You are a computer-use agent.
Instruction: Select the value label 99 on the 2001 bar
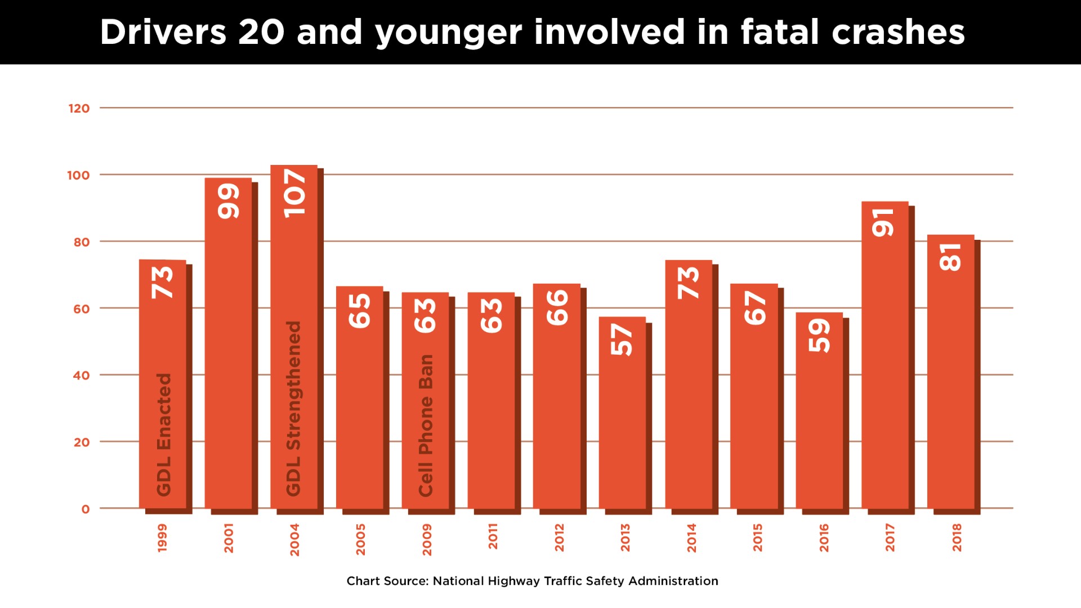coord(229,202)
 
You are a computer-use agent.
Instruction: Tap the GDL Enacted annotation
coord(163,435)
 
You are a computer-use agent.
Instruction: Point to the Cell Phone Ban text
coord(426,426)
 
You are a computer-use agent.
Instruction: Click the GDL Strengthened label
coord(294,409)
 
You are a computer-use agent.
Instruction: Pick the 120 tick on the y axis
coord(79,108)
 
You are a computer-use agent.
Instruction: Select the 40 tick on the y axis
coord(81,375)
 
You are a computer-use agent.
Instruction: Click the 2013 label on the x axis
coord(625,538)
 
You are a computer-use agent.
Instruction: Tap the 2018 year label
coord(957,538)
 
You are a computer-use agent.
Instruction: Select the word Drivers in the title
coord(163,32)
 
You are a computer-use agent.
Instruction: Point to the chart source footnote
coord(532,581)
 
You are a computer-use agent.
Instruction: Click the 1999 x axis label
coord(162,538)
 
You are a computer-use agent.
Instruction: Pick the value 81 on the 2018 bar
coord(951,257)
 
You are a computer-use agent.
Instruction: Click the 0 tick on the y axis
coord(86,509)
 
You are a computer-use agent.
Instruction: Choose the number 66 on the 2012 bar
coord(557,307)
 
